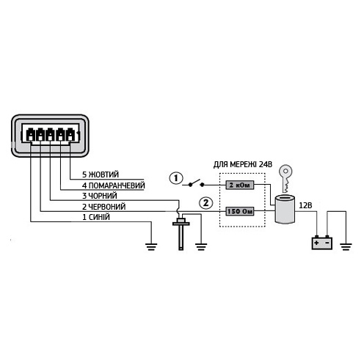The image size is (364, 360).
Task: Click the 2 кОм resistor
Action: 239,185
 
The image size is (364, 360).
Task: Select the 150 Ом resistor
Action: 239,211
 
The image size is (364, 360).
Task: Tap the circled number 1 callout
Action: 176,178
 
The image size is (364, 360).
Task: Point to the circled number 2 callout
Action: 206,203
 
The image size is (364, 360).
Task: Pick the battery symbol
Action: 321,243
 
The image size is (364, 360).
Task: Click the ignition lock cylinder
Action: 285,208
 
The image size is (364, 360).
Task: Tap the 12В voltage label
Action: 305,205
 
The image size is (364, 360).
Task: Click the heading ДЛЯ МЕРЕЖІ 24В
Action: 243,164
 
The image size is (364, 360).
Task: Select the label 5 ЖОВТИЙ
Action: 101,175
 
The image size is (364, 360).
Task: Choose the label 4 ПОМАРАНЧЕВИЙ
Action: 114,185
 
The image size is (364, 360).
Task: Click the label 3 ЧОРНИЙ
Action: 100,196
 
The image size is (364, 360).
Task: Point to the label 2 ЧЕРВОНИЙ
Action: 104,207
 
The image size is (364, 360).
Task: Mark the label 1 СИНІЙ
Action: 96,217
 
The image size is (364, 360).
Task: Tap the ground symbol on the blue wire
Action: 151,246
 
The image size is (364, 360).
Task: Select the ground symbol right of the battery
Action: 346,246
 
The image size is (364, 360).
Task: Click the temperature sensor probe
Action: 181,232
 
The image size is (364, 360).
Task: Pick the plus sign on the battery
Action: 316,243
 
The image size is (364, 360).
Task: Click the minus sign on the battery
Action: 327,243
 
